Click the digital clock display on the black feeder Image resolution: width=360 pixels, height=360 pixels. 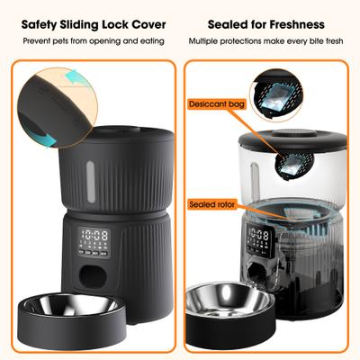(x=95, y=238)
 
